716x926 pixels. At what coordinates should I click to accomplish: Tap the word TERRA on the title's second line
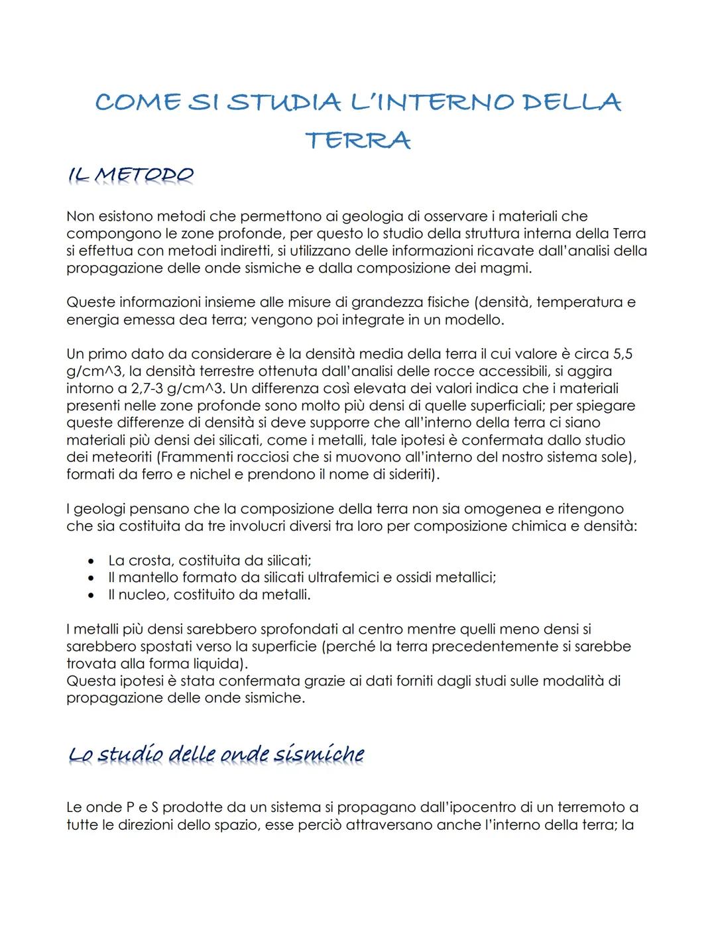coord(358,141)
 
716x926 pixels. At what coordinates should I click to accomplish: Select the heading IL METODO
coord(131,176)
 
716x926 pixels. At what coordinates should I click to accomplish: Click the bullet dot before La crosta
coord(93,561)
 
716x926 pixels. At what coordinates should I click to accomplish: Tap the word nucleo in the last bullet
coord(143,595)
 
